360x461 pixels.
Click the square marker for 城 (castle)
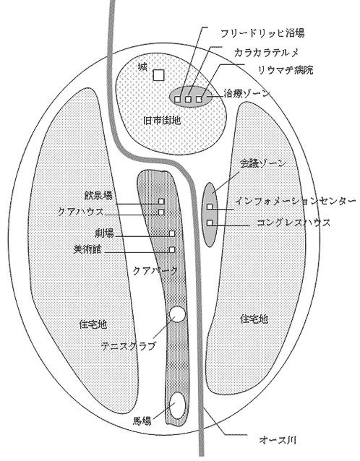click(x=158, y=75)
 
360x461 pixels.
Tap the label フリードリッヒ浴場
click(x=262, y=33)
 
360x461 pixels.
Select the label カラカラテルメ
click(x=266, y=52)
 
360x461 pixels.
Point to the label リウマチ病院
click(x=286, y=70)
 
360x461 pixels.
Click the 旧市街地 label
click(x=162, y=120)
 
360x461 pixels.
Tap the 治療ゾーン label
click(x=247, y=93)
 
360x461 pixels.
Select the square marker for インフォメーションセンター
click(x=210, y=207)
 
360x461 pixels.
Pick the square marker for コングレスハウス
click(x=210, y=223)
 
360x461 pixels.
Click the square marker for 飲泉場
click(x=161, y=202)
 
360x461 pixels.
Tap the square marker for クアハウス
click(x=161, y=212)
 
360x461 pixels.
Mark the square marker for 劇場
click(x=172, y=233)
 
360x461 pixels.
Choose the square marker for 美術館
click(x=172, y=249)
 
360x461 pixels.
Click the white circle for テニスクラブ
click(x=178, y=314)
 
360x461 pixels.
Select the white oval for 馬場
click(x=178, y=405)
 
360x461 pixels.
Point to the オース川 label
click(x=278, y=441)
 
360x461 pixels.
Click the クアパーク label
click(x=155, y=270)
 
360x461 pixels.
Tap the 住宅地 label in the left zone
click(x=93, y=324)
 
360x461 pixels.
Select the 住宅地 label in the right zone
click(x=254, y=319)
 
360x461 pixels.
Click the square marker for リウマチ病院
click(x=200, y=99)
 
